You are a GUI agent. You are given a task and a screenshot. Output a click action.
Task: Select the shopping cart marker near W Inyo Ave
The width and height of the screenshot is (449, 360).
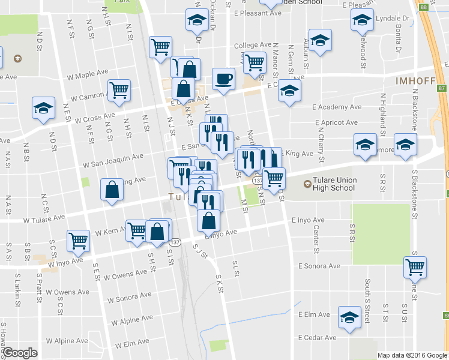78,240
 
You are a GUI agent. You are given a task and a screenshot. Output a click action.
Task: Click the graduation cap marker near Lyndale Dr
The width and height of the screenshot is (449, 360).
362,21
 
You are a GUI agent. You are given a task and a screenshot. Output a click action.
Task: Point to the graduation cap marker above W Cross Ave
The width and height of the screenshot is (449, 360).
43,108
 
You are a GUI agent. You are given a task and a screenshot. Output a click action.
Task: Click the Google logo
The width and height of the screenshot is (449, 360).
20,353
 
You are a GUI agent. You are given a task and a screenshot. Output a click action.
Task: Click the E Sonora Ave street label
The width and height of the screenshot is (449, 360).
322,265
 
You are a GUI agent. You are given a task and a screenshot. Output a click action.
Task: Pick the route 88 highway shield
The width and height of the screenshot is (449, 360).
424,7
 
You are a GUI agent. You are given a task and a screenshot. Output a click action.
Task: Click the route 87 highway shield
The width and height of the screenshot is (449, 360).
442,88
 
